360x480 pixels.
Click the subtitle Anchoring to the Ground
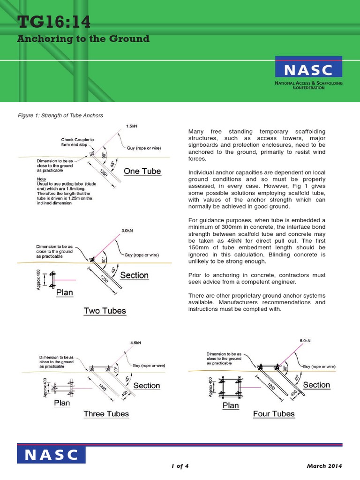point(83,39)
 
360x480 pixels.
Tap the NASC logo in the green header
point(308,70)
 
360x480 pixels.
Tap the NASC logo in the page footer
point(52,455)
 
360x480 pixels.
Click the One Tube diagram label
point(142,171)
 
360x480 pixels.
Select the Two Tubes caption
point(105,310)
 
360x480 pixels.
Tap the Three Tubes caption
point(106,413)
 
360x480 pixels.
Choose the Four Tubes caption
point(274,413)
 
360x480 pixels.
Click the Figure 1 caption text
point(60,115)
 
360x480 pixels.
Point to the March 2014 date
point(324,465)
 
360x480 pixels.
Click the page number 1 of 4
point(180,465)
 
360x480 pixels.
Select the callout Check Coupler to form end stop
point(78,142)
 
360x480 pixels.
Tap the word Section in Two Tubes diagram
point(134,275)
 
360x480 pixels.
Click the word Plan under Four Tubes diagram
point(231,405)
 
